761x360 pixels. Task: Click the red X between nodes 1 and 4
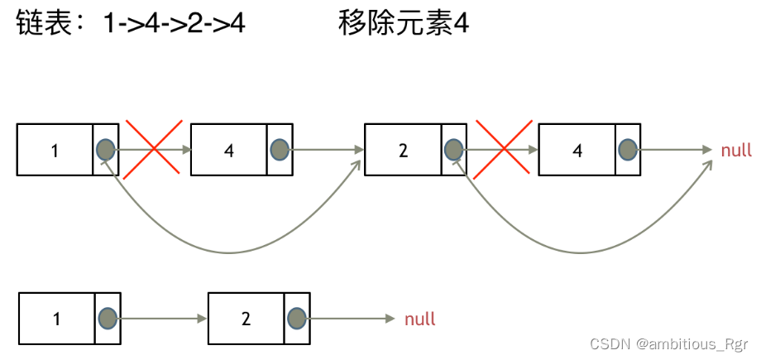[x=153, y=150]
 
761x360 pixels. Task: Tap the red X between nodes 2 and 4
[x=501, y=150]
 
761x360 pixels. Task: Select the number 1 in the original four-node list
[x=55, y=151]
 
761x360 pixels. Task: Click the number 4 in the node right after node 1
[x=229, y=151]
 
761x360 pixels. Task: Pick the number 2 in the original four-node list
[x=403, y=151]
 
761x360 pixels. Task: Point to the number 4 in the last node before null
[x=577, y=151]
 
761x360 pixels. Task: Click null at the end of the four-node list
[x=736, y=151]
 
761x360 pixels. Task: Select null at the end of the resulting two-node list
[x=420, y=319]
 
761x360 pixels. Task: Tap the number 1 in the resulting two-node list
[x=56, y=319]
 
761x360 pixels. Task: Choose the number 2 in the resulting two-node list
[x=246, y=319]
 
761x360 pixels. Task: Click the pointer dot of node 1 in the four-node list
[x=105, y=150]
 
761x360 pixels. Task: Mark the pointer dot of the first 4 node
[x=280, y=150]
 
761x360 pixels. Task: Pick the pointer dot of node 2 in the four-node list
[x=453, y=150]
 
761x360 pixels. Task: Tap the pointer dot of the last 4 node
[x=628, y=150]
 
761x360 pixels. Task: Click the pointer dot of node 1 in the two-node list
[x=107, y=318]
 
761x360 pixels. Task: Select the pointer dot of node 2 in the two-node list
[x=298, y=318]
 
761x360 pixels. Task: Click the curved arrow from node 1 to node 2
[x=232, y=251]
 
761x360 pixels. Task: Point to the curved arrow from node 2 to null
[x=579, y=251]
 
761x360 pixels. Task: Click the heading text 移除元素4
[x=404, y=24]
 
